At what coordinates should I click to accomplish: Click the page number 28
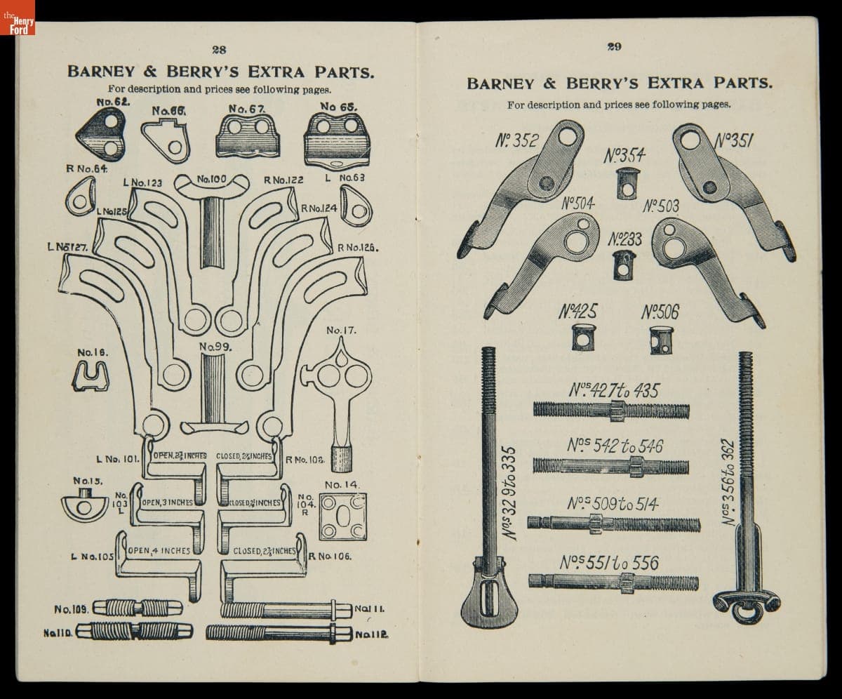point(219,49)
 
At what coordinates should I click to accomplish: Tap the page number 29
point(615,47)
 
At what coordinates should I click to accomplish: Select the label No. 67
point(246,109)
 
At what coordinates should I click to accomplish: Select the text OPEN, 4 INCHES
point(159,551)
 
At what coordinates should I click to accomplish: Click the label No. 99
point(215,347)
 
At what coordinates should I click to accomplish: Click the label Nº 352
point(516,140)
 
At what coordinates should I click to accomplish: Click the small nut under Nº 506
point(659,340)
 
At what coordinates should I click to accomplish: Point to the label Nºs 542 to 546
point(615,446)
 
